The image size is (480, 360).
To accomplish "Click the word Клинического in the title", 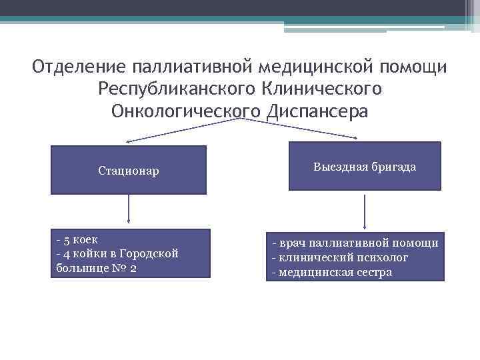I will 319,89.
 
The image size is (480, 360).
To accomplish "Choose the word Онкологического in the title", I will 186,111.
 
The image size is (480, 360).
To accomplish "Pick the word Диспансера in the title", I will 316,111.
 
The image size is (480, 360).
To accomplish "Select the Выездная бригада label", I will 365,167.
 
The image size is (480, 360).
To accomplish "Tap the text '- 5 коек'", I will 78,239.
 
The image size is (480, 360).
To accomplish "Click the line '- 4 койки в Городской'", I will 117,253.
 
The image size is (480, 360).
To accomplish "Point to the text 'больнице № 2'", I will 97,268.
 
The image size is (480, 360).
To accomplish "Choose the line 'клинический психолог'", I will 340,257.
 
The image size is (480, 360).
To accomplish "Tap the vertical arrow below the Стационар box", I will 128,211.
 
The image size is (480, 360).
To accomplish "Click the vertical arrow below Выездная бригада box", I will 365,211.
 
